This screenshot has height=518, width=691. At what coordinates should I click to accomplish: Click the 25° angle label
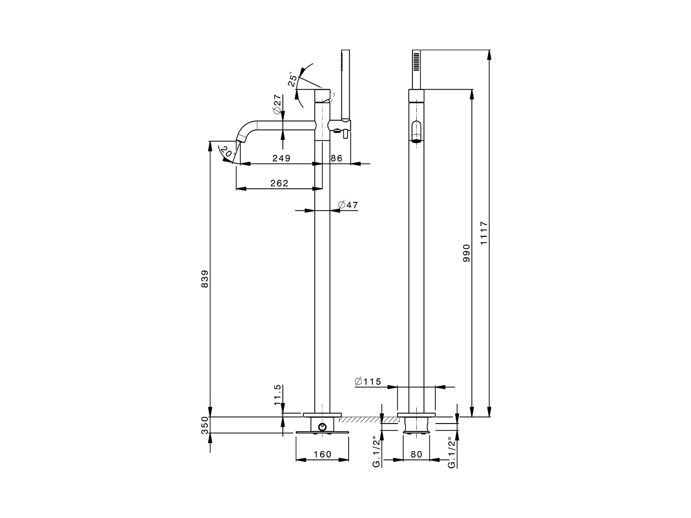pos(293,79)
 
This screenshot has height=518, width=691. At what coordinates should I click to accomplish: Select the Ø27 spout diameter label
pos(277,104)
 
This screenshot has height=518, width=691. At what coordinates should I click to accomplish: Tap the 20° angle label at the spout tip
pos(226,153)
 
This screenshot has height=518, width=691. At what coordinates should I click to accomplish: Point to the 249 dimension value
pos(281,158)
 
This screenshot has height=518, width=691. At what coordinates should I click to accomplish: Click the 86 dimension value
pos(336,158)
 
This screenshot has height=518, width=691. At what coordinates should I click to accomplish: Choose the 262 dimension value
pos(279,183)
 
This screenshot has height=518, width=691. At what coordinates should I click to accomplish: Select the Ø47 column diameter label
pos(348,205)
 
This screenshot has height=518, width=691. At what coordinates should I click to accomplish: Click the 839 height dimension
pos(205,278)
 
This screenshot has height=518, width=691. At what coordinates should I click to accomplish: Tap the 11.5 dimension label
pos(277,395)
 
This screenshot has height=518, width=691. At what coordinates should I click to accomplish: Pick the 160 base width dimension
pos(322,454)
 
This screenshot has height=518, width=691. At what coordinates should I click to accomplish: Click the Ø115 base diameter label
pos(368,382)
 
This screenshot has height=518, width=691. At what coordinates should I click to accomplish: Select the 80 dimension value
pos(416,454)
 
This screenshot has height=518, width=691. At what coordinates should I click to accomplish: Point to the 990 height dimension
pos(466,254)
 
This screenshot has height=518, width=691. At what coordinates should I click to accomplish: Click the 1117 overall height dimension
pos(484,233)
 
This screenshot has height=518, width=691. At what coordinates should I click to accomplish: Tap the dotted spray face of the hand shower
pos(416,60)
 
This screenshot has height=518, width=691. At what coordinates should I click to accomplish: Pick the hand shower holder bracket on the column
pos(340,126)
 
